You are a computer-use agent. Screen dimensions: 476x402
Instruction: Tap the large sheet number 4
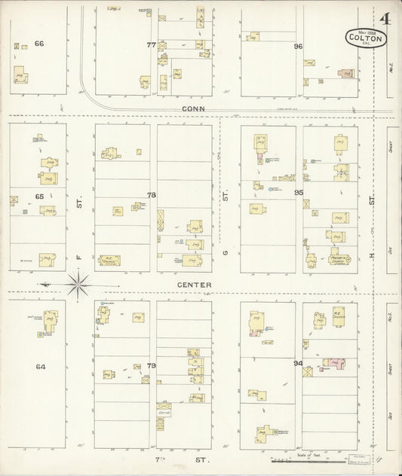point(385,19)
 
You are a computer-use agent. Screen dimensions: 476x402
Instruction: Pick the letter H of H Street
point(372,256)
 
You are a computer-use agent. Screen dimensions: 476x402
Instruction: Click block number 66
point(39,44)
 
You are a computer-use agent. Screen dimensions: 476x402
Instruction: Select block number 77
point(151,45)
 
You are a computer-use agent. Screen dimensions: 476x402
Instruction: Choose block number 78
point(151,195)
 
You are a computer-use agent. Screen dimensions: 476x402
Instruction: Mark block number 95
point(298,193)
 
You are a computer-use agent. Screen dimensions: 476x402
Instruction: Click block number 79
point(151,366)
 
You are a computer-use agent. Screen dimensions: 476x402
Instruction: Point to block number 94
point(298,365)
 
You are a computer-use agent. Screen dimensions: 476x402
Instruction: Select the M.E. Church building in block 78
point(110,261)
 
